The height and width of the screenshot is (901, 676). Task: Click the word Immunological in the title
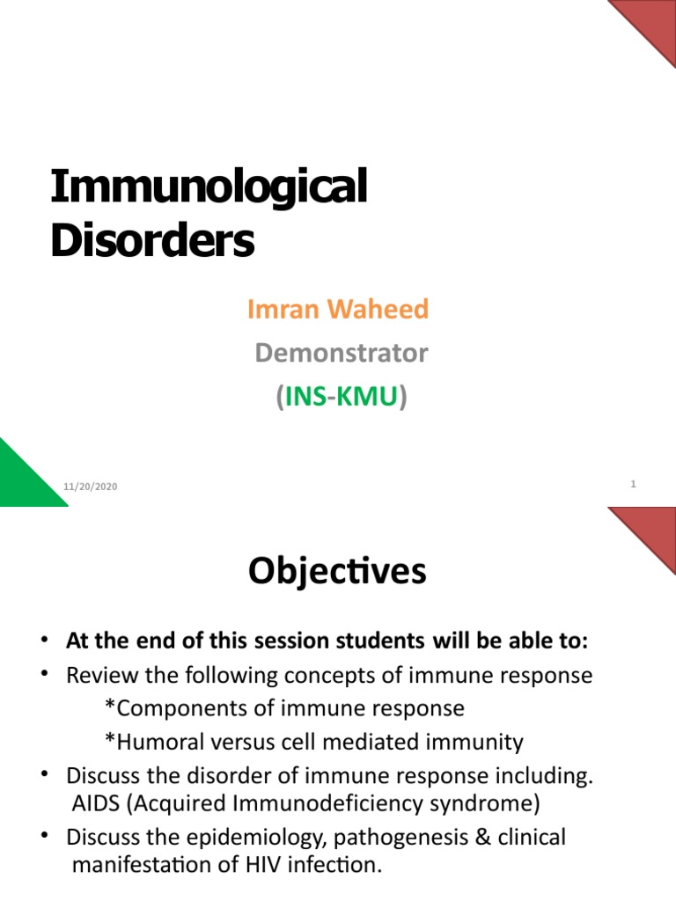point(209,188)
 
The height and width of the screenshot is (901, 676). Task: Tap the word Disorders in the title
point(152,239)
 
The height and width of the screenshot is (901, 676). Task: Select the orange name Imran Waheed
point(338,309)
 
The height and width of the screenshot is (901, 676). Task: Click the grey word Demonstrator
point(341,353)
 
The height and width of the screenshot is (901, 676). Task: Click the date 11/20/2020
point(90,487)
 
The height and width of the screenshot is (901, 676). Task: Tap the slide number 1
point(633,484)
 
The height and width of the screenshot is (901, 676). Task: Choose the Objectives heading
point(337,572)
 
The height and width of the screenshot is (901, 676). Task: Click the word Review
point(99,676)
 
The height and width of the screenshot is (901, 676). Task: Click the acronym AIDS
point(94,804)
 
